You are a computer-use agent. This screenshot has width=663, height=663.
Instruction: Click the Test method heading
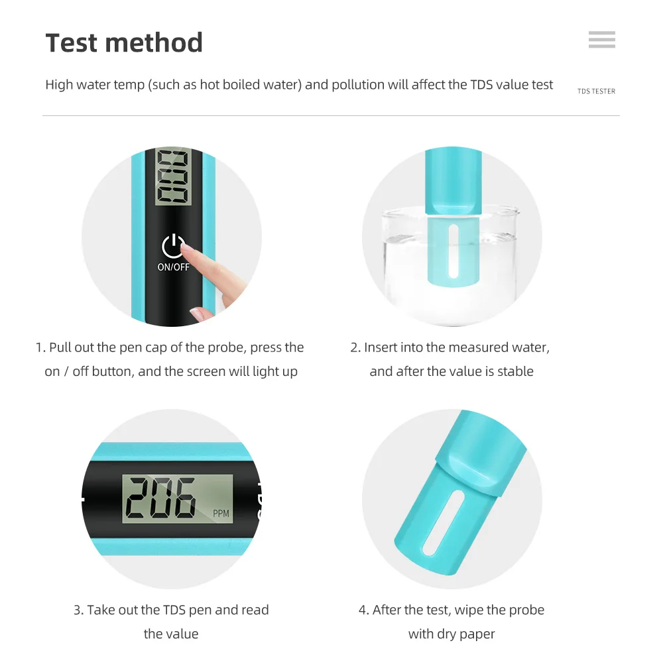point(124,43)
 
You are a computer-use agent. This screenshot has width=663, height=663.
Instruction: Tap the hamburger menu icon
point(601,40)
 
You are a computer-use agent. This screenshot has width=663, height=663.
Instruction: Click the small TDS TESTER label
point(596,91)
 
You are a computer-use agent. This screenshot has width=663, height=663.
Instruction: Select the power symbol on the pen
point(173,246)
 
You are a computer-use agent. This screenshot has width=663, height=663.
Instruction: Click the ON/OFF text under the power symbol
point(173,267)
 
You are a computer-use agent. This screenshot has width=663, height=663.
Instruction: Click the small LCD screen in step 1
point(172,176)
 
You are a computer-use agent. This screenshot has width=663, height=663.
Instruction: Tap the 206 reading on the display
point(162,497)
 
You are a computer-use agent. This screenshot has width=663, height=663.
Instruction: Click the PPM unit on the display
point(221,514)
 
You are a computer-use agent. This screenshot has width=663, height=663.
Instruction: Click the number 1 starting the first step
point(38,347)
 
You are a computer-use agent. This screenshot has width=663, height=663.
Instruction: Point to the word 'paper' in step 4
point(475,634)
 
